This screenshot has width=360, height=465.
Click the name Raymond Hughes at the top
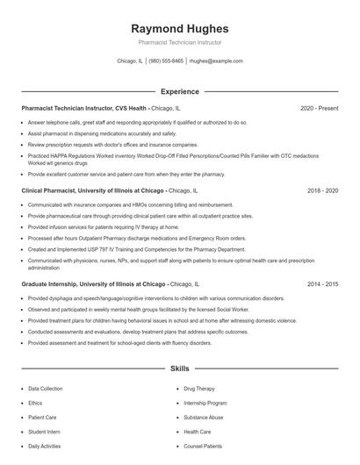179,28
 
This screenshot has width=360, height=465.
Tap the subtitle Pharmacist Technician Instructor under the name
179,42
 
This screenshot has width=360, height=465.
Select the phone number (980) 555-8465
166,61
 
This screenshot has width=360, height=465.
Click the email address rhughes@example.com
216,61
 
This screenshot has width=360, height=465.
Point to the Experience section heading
179,91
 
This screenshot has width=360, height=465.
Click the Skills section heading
179,369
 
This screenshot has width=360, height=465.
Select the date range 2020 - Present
319,108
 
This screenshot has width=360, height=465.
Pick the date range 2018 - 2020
322,190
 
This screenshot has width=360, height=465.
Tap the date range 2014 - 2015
322,284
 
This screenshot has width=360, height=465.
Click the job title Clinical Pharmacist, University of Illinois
93,190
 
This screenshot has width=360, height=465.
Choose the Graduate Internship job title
93,284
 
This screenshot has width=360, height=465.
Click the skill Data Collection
46,388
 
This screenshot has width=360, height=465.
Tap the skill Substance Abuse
203,418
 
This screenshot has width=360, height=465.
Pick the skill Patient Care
42,418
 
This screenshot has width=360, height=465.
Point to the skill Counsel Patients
203,447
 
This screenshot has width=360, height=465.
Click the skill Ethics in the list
34,403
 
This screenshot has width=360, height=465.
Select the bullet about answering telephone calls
137,123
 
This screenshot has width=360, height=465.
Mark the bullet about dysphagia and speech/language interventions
155,298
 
